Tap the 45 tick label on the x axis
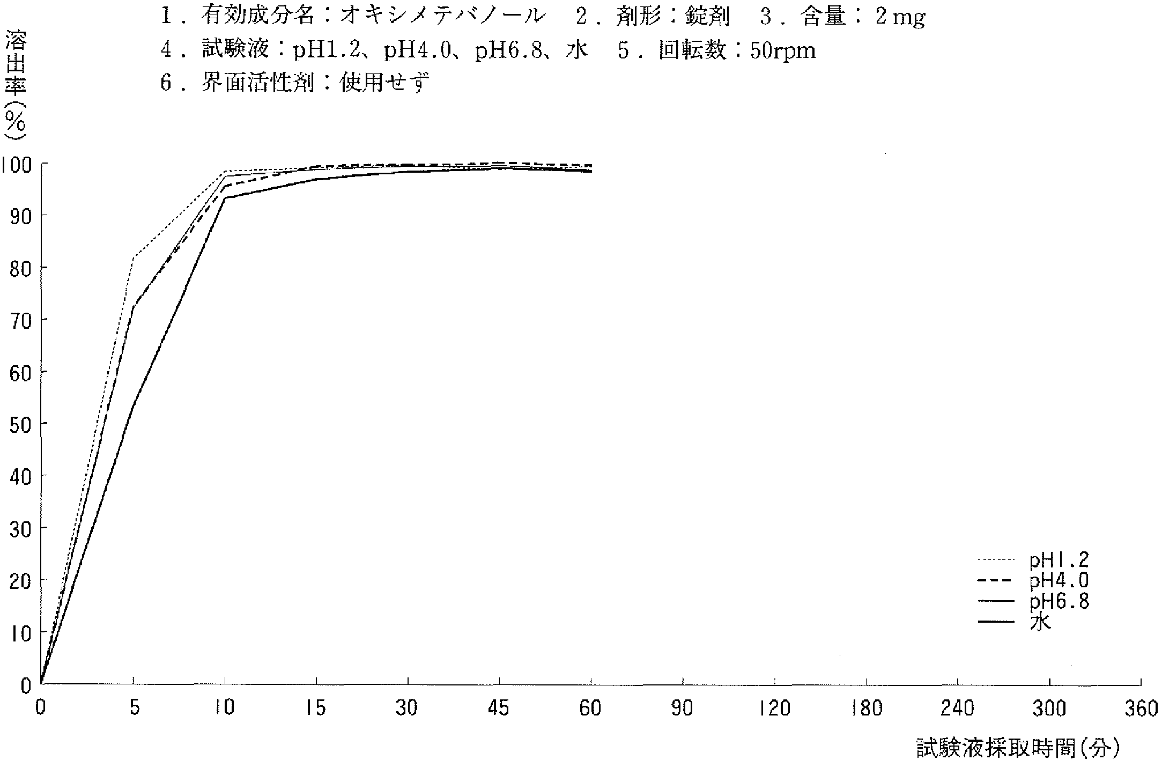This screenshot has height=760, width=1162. point(498,709)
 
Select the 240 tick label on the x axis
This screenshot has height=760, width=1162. point(958,709)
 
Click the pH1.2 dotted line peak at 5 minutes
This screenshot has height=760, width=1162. point(133,257)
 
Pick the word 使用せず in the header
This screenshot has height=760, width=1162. point(385,84)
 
